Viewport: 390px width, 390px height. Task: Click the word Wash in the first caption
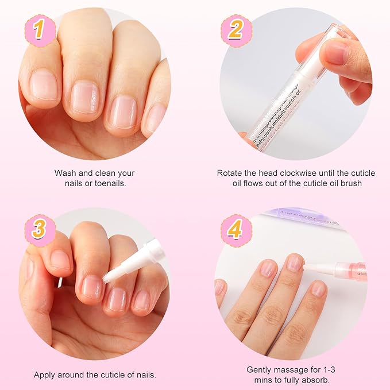(x=65, y=172)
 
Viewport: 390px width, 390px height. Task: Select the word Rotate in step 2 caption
(x=230, y=172)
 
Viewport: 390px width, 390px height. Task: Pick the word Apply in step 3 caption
(x=45, y=374)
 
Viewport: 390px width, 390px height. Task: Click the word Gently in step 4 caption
(x=260, y=370)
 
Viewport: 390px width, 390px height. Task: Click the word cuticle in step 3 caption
(x=107, y=374)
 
